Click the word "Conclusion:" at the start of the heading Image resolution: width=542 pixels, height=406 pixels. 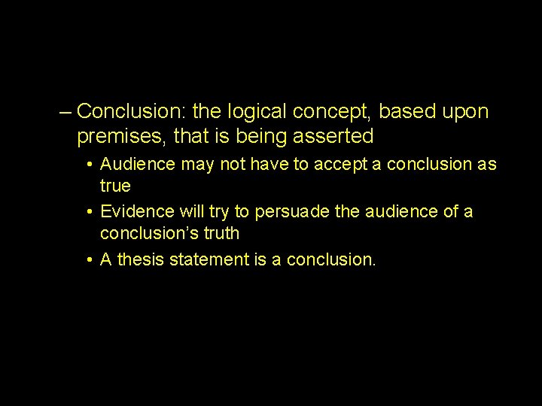(x=132, y=112)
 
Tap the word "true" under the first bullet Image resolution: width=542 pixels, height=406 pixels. (x=115, y=185)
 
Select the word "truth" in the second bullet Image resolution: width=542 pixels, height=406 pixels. (x=219, y=233)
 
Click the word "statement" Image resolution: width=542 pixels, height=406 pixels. (x=210, y=260)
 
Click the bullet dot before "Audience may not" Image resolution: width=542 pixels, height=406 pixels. (x=90, y=165)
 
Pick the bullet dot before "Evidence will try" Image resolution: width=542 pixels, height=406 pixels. (x=90, y=213)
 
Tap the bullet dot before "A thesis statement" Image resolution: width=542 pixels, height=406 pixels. (x=90, y=261)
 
